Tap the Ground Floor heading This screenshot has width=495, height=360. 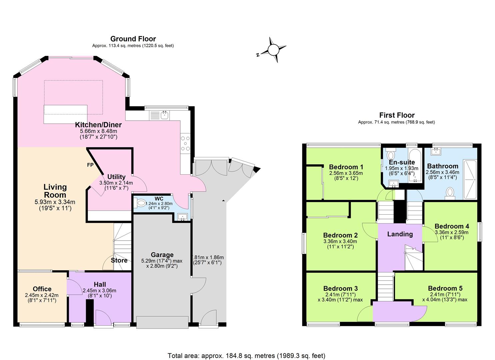coord(133,39)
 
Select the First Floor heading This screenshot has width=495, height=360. coord(397,115)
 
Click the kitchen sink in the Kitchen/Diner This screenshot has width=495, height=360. coord(164,115)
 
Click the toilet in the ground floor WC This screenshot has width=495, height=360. coord(140,202)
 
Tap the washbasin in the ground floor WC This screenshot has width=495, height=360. coord(182,217)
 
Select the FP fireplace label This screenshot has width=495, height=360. coord(90,165)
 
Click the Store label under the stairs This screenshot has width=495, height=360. coord(119,260)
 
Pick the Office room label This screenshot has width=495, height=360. coord(42,289)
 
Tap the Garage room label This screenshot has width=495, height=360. coord(162,255)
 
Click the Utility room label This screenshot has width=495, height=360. coord(116,177)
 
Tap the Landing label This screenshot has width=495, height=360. coord(400,234)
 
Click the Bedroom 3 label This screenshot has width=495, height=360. coord(340,288)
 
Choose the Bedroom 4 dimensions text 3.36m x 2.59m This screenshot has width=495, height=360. coord(451,232)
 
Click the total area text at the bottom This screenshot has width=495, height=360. coord(246,356)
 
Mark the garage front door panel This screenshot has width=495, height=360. coord(162,322)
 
